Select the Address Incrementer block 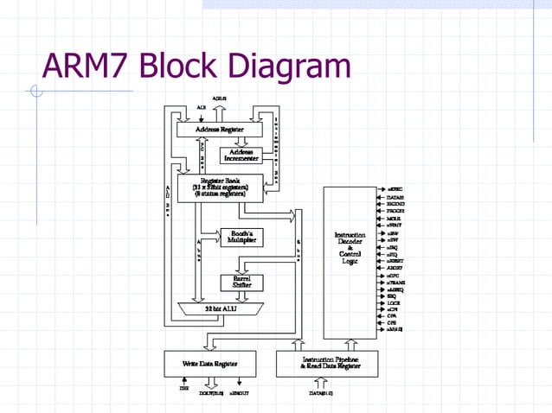[241, 155]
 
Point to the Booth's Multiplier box [241, 236]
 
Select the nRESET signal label [397, 260]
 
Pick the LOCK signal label [394, 302]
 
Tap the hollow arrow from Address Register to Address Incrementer [241, 141]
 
